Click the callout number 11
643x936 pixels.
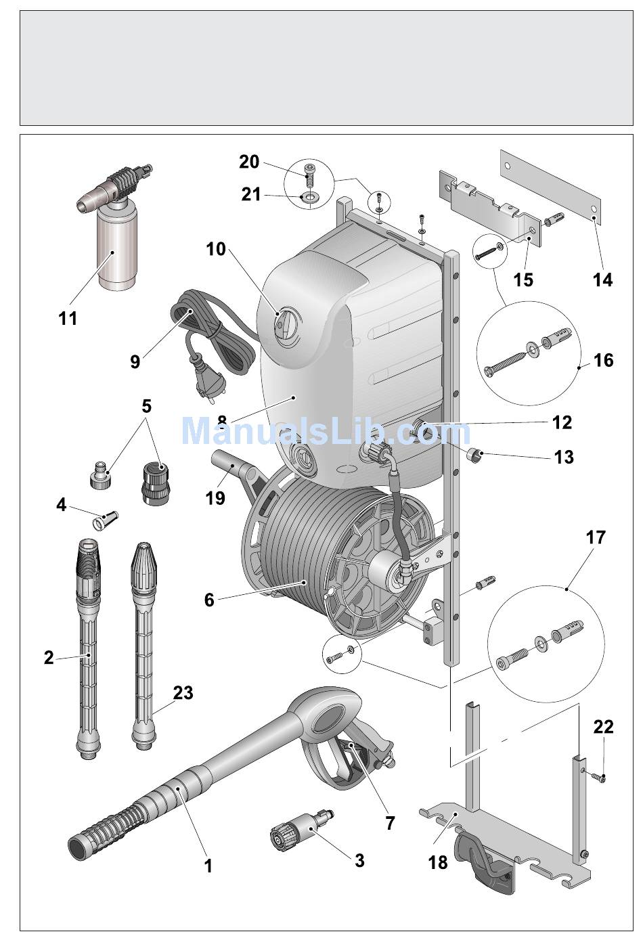coord(68,318)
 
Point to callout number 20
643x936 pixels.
coord(249,162)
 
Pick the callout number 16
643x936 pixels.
coord(603,360)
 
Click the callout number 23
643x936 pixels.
coord(183,692)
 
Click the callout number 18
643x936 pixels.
coord(438,862)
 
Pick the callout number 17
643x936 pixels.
coord(596,537)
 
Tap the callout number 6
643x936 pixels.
coord(209,600)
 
